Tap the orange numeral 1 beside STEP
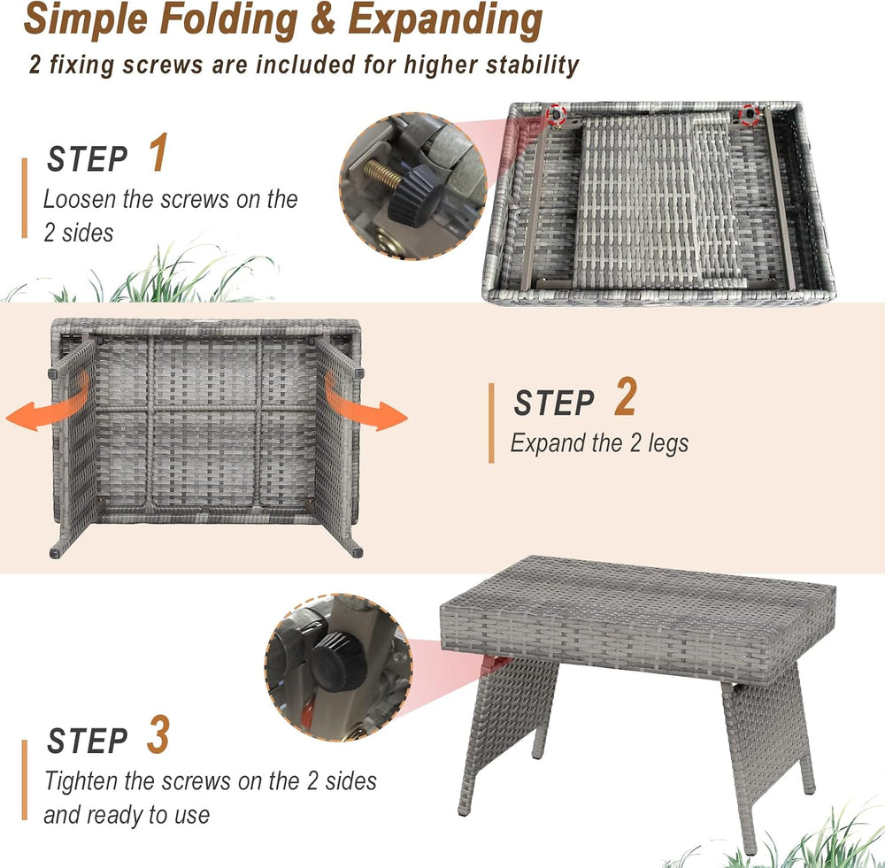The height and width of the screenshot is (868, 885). pos(158,152)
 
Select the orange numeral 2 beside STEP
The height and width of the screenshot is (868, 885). pos(626,396)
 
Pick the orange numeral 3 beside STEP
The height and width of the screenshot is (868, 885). pos(158,734)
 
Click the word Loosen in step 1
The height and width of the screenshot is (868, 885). pos(80,199)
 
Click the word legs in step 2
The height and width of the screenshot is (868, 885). pos(668,443)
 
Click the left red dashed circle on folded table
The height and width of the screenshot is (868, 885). pos(557,114)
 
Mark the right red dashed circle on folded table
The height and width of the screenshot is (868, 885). pos(749,115)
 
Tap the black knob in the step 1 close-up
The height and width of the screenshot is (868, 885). pos(414,196)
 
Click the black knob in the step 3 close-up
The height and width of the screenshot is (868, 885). pos(337,662)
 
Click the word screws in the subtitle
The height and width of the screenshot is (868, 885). pos(163,65)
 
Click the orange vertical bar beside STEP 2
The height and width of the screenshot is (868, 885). pos(491,423)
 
